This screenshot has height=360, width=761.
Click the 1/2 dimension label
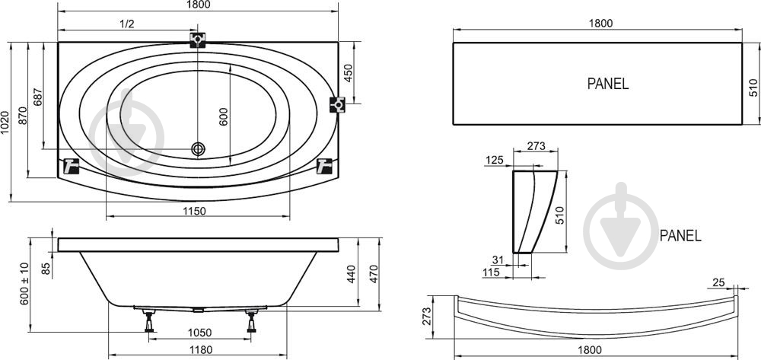coord(126,24)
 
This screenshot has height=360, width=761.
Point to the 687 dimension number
coord(38,97)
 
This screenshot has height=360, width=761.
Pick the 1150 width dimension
coord(195,211)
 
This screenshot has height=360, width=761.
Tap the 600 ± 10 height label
coord(24,284)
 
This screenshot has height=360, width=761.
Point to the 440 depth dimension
coord(352,274)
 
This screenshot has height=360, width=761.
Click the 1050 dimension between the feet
coord(199,333)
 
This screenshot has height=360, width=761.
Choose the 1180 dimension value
coord(199,350)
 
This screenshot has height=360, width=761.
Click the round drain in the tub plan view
coord(198,149)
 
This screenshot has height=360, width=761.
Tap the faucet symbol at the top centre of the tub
coord(198,40)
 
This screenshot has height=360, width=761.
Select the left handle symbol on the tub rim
coord(72,167)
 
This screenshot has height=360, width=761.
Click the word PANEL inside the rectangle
coord(608,84)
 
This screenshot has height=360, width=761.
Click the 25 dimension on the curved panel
coord(718,282)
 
